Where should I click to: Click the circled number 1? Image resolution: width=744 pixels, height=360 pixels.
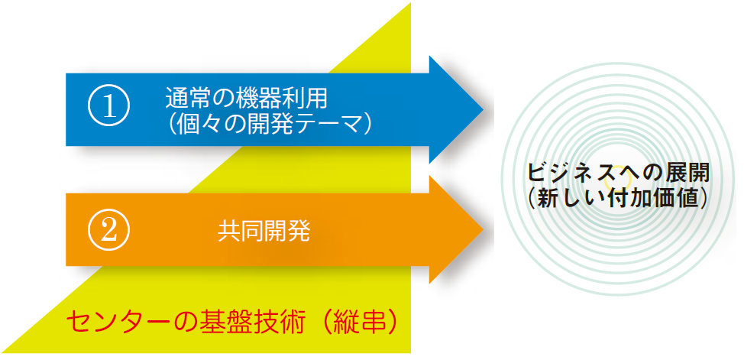click(109, 106)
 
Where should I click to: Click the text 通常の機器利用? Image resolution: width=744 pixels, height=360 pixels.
click(246, 99)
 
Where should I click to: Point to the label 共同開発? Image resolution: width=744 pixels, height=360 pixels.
click(264, 232)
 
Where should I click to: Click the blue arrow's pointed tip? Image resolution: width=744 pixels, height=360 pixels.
click(483, 110)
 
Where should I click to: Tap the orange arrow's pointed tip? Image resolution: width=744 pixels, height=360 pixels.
click(483, 230)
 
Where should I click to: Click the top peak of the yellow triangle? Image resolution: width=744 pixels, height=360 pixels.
click(410, 4)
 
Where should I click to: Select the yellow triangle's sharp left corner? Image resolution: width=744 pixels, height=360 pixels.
click(3, 352)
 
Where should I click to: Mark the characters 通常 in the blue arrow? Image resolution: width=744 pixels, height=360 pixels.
click(188, 99)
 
